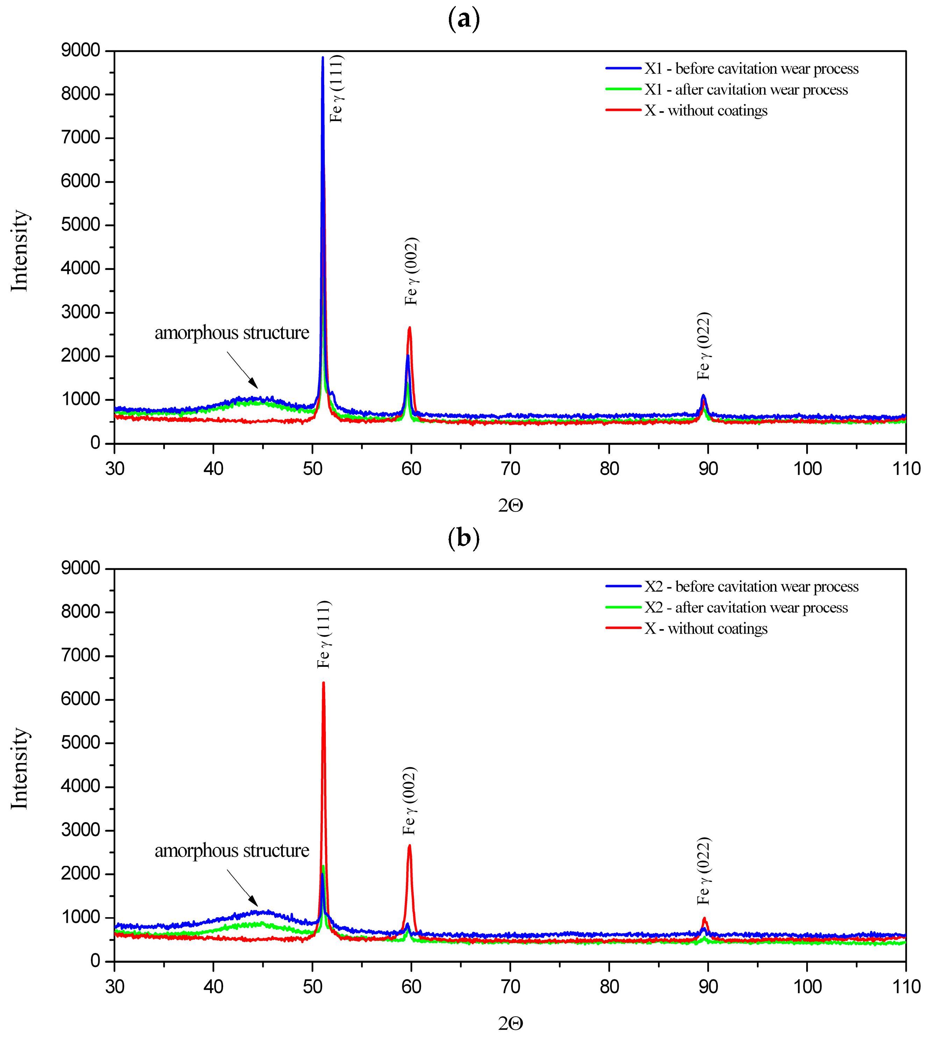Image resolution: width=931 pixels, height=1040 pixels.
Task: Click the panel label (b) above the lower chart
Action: point(464,538)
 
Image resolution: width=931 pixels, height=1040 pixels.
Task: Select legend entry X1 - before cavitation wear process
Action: point(751,69)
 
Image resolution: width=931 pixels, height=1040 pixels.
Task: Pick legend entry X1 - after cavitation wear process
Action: point(746,90)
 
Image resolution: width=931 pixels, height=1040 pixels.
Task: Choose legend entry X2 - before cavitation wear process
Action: point(751,587)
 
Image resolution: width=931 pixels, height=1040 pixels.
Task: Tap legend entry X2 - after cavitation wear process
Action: point(746,608)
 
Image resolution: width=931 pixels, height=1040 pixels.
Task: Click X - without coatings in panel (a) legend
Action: point(706,111)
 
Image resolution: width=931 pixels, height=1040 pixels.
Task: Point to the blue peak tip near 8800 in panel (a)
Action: point(323,58)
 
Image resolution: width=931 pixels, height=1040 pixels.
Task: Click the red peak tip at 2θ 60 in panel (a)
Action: point(409,328)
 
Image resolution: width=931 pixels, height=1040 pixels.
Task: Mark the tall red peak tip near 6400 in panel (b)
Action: point(323,683)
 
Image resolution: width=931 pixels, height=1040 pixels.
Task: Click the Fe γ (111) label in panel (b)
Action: point(324,634)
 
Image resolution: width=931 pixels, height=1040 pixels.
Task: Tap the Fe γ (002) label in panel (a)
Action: point(411,271)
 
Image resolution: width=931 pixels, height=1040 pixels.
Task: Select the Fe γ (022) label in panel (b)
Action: point(704,871)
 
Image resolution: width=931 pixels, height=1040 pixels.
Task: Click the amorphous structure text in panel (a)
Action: point(232,333)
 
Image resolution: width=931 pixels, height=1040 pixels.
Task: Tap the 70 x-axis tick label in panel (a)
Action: point(510,468)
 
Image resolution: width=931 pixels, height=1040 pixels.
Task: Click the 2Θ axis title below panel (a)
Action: point(510,505)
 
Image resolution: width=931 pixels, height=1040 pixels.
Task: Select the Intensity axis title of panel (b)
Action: point(20,768)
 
